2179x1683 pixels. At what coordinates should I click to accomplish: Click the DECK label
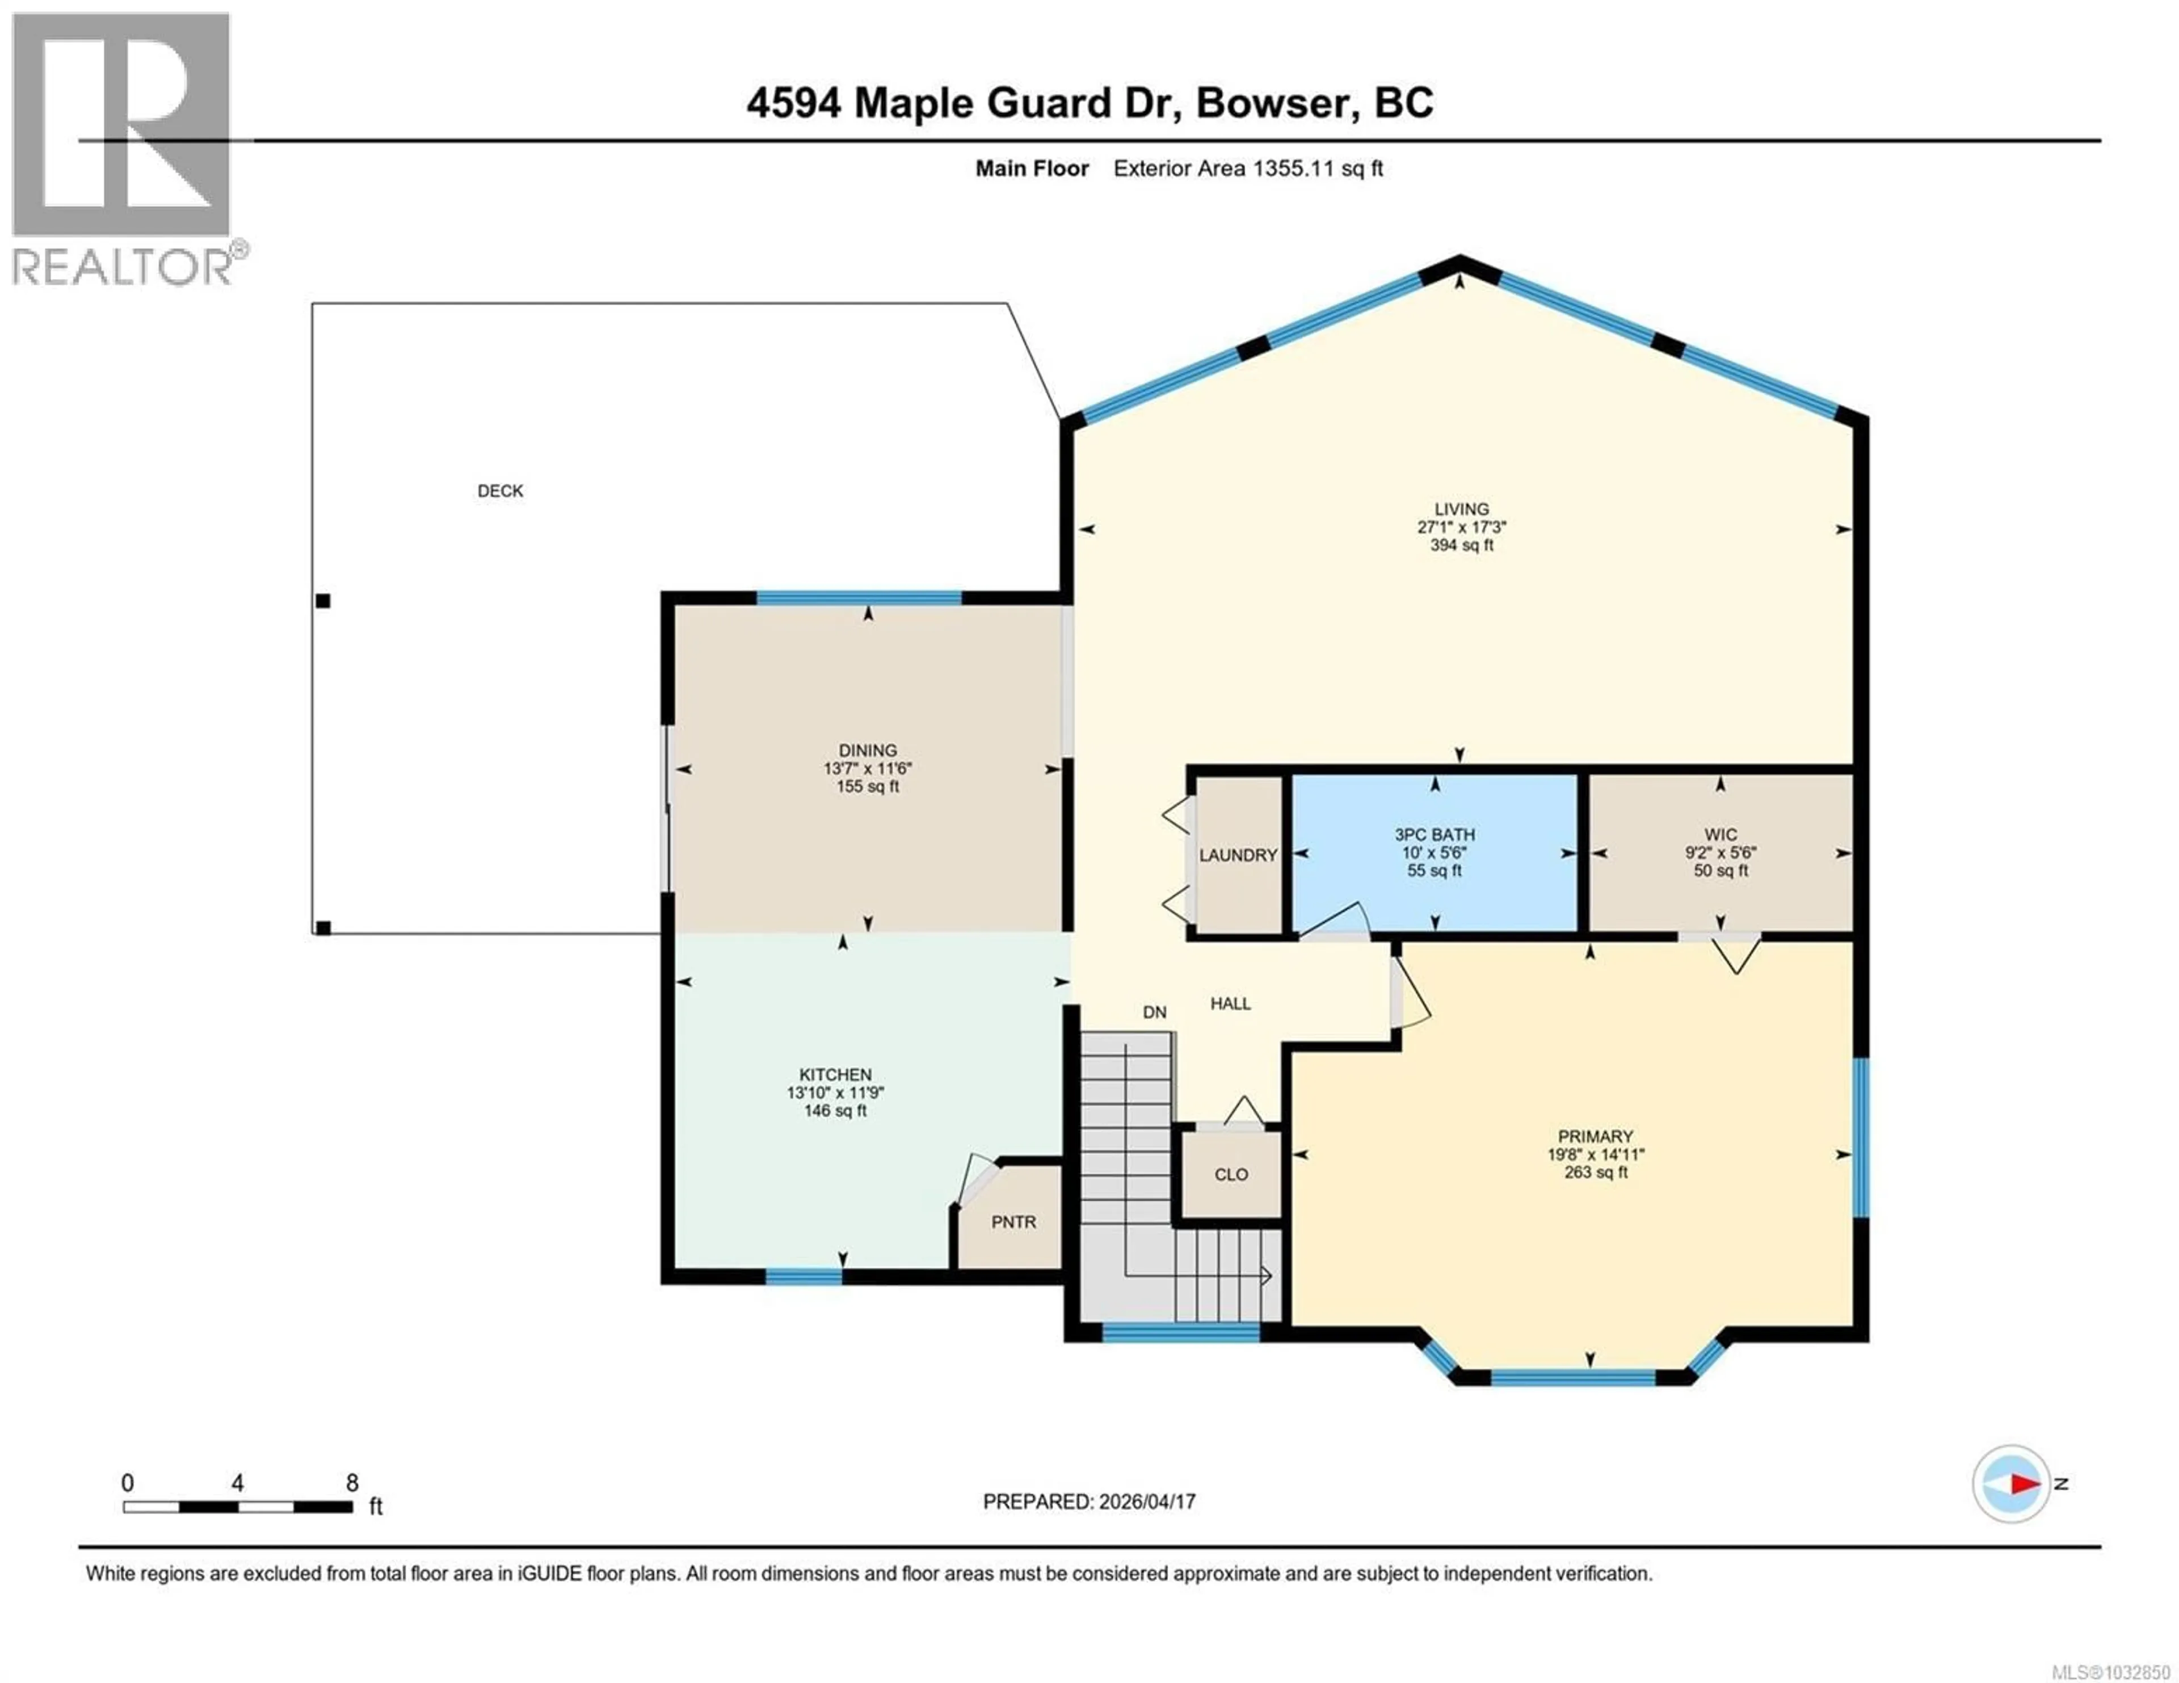[500, 491]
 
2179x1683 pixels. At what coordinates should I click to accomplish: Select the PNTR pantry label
[1013, 1222]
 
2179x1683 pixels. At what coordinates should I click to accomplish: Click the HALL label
[1230, 1003]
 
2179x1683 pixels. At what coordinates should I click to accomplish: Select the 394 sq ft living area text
[1462, 546]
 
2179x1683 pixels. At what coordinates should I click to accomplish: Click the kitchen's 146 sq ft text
[835, 1110]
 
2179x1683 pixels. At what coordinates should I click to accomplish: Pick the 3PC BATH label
[1435, 834]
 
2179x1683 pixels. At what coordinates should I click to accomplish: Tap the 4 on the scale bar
[237, 1483]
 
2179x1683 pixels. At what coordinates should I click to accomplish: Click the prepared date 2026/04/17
[1145, 1501]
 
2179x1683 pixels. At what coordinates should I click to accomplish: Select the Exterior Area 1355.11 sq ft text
[1247, 168]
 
